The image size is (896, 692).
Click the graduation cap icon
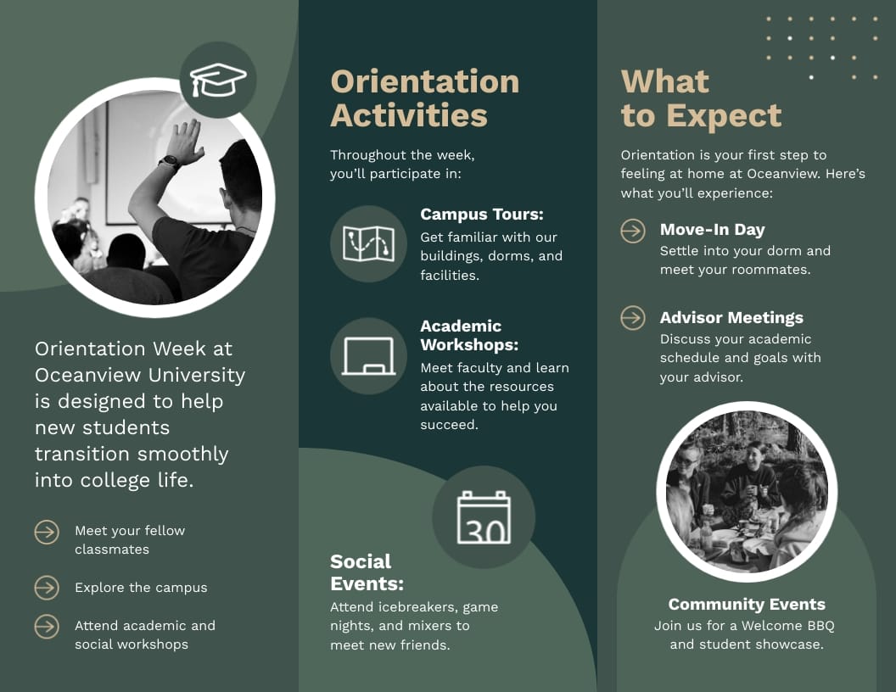[x=218, y=80]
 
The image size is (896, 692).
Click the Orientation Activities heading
[x=424, y=98]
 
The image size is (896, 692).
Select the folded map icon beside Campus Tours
[x=368, y=243]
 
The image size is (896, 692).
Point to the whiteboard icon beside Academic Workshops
[x=368, y=356]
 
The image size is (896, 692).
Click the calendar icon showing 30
[x=484, y=517]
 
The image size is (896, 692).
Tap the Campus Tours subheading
[x=481, y=215]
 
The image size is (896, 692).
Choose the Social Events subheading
[x=367, y=572]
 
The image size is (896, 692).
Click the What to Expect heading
[x=701, y=98]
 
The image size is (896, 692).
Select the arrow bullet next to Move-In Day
[x=633, y=230]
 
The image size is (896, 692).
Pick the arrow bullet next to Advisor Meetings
[x=633, y=318]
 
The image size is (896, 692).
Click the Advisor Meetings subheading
[x=731, y=318]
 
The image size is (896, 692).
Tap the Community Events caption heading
[x=747, y=605]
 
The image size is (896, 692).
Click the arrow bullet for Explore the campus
[x=47, y=588]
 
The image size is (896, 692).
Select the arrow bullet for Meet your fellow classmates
[x=47, y=532]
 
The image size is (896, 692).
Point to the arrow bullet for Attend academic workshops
[x=47, y=627]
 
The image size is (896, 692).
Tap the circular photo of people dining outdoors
[x=747, y=492]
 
